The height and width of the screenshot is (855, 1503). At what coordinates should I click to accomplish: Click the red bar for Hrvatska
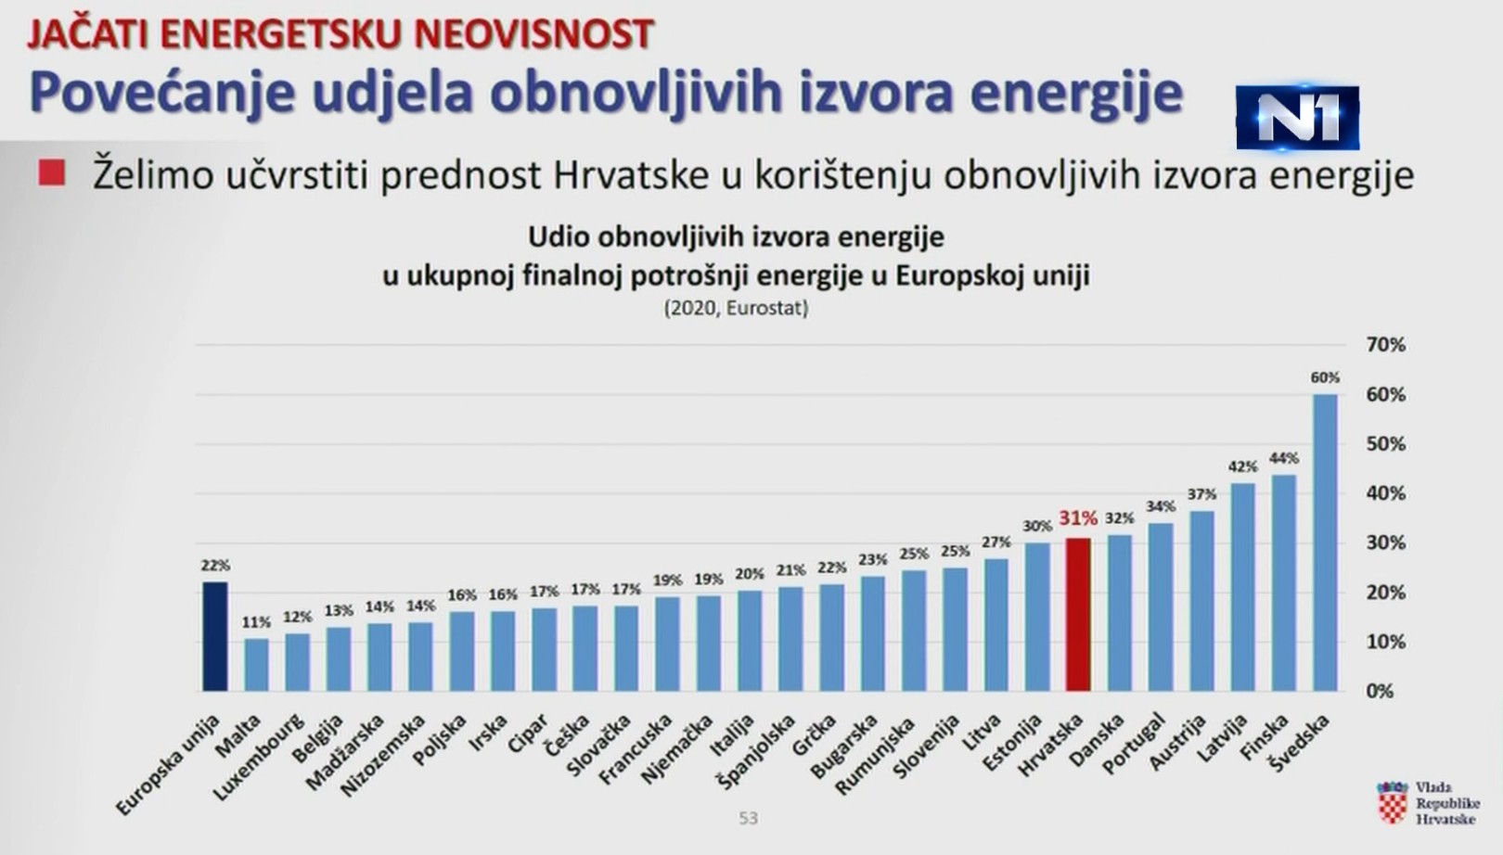(x=1077, y=614)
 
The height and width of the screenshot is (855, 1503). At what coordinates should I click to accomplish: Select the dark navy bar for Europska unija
(x=215, y=636)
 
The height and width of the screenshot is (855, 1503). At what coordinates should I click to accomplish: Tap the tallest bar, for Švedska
(x=1325, y=542)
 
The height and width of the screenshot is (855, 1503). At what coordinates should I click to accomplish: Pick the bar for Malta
(x=256, y=664)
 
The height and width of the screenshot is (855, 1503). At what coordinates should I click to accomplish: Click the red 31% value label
(x=1077, y=518)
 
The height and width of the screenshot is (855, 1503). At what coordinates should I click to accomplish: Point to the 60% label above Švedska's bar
(x=1325, y=377)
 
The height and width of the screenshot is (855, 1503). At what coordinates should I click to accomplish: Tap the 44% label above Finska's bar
(x=1283, y=458)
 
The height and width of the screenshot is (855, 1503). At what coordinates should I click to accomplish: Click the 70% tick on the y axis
(x=1385, y=345)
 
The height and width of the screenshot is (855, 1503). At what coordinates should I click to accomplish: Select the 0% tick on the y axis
(x=1380, y=691)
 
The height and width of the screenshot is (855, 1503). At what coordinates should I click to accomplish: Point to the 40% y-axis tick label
(x=1385, y=493)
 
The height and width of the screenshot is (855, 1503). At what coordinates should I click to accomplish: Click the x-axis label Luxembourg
(x=259, y=757)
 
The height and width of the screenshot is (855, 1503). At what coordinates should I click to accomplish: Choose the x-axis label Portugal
(x=1134, y=743)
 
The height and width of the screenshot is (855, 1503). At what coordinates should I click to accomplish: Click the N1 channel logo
(x=1297, y=118)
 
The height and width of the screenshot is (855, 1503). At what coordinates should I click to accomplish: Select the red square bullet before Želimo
(x=52, y=173)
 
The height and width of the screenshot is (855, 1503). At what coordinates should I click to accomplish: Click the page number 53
(x=748, y=818)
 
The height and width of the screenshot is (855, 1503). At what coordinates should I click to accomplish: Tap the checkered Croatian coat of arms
(x=1392, y=803)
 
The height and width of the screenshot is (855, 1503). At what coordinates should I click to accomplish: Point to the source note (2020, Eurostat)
(x=736, y=308)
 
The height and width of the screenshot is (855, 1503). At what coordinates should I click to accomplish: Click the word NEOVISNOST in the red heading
(x=534, y=34)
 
